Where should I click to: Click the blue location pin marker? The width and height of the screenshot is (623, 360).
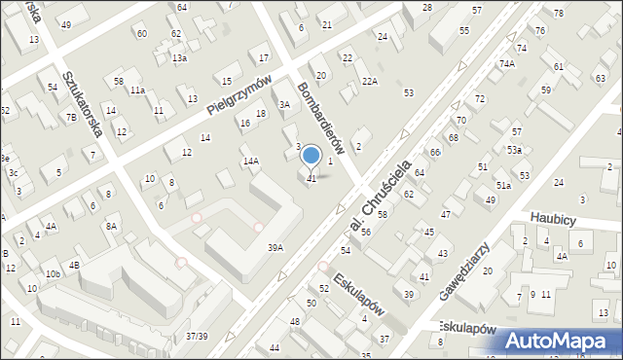click(x=311, y=156)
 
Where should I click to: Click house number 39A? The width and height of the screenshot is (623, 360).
click(x=275, y=248)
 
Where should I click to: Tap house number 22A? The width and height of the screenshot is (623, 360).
click(x=369, y=82)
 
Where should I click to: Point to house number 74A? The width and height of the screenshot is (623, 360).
click(x=506, y=63)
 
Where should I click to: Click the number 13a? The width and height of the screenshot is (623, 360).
click(x=180, y=58)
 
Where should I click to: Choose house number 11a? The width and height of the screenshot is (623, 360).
click(x=138, y=90)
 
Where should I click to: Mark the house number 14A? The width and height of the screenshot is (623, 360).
click(x=250, y=161)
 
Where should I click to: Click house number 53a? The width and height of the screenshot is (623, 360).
click(x=514, y=150)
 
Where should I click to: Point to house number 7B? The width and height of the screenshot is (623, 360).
click(x=71, y=118)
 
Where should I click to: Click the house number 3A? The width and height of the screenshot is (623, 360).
click(x=285, y=104)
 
